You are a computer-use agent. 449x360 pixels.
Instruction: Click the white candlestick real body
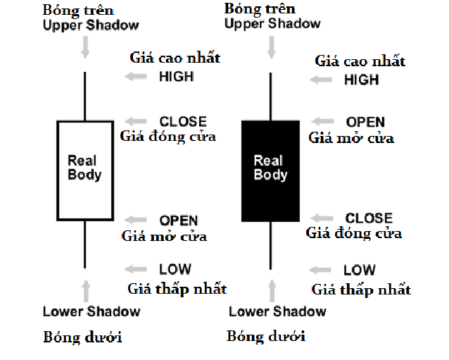point(84,171)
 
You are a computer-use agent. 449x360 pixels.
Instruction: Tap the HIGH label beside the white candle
point(176,75)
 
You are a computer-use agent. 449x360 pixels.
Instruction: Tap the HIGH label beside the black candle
point(361,80)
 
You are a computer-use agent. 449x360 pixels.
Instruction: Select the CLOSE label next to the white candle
point(183,121)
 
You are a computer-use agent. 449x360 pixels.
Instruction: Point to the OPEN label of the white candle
point(179,221)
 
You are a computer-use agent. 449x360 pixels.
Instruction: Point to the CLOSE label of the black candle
point(369,218)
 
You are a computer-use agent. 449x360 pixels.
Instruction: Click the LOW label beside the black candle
point(359,270)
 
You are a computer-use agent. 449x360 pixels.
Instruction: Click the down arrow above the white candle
point(86,47)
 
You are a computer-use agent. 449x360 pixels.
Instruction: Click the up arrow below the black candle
point(271,288)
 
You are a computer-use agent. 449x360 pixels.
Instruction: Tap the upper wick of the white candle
point(84,96)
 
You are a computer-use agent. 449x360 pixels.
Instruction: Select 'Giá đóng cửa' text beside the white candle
point(167,135)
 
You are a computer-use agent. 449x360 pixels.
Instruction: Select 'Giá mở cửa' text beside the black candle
point(351,137)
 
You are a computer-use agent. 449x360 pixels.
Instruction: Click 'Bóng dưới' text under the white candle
point(82,337)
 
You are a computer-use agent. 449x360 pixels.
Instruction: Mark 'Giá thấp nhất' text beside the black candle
point(361,290)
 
